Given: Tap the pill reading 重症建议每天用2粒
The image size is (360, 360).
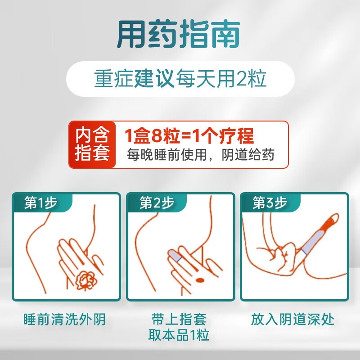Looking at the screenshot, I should [x=180, y=79].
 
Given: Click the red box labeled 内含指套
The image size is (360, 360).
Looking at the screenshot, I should [x=92, y=144].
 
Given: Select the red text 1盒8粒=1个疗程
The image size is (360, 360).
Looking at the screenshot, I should [x=189, y=135].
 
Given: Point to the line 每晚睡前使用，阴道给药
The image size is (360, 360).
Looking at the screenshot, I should [x=200, y=155].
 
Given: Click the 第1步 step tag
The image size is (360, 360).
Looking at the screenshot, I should [x=40, y=203].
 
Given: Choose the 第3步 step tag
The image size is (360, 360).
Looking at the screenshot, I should [x=270, y=203].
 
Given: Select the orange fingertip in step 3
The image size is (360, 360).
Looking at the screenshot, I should [x=328, y=223].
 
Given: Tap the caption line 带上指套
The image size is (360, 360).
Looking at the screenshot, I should [x=179, y=320].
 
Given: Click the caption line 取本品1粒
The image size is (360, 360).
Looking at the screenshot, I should [x=179, y=335].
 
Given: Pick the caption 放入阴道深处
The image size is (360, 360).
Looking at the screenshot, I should [x=293, y=320].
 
